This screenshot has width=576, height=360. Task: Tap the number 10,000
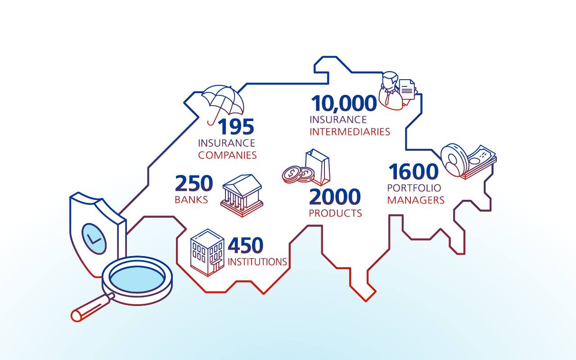point(344,103)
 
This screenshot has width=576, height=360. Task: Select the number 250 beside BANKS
point(194,183)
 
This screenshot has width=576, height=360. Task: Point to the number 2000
point(335,197)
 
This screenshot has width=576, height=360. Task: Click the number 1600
point(414,171)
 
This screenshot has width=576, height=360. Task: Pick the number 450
point(246,245)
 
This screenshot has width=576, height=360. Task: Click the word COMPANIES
point(227,155)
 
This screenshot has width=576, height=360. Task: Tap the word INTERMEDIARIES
point(350,132)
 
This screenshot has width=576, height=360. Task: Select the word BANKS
point(191,200)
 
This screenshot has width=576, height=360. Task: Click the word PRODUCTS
point(335,213)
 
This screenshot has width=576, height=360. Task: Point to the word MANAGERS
point(416,200)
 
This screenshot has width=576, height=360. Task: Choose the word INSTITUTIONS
point(257,262)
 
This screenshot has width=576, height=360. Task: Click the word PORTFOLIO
point(414,188)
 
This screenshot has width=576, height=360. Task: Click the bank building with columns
point(242,195)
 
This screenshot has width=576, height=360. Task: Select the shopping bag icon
point(318,167)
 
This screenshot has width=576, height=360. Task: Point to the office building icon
point(207,253)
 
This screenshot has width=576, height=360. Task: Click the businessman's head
point(390,80)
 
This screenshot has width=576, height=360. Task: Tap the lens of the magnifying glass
point(137,279)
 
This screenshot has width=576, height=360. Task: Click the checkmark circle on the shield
point(94,239)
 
